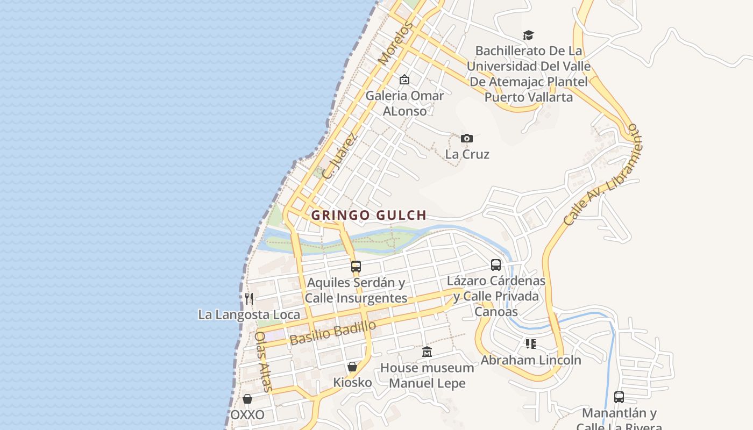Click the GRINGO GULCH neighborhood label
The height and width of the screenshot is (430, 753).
[x=369, y=216]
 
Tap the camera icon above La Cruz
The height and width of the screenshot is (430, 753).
[x=467, y=139]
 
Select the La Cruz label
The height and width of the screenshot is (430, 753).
[x=467, y=154]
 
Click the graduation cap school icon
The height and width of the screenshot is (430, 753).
[x=529, y=35]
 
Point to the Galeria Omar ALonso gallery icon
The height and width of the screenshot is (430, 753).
[x=404, y=80]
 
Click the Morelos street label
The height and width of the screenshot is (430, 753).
[x=396, y=43]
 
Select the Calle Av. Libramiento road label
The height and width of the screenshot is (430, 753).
[x=603, y=175]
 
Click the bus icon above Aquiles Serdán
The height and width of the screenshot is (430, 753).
[x=356, y=266]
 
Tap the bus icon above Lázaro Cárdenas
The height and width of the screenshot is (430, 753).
[x=496, y=265]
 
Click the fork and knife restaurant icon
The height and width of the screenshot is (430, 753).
[x=248, y=298]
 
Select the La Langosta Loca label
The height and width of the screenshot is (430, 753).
[x=249, y=314]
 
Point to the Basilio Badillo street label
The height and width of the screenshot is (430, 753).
[x=332, y=333]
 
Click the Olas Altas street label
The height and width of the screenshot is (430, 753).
[x=264, y=361]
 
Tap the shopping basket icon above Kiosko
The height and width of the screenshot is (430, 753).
[x=352, y=367]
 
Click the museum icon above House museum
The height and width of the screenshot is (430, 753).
[x=427, y=352]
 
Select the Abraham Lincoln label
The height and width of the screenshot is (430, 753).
[x=531, y=360]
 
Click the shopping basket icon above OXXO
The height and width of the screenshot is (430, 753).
[x=247, y=399]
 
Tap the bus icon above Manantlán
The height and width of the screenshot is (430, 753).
[x=619, y=397]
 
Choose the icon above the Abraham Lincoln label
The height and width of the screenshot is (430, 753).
[x=531, y=343]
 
